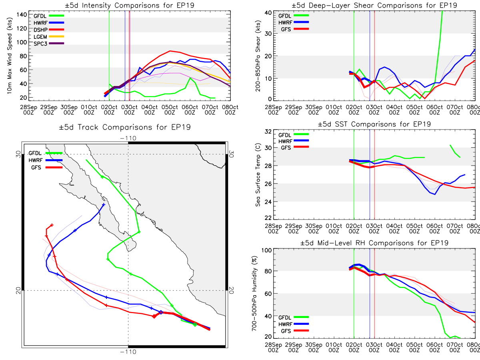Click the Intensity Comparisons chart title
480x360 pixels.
pos(130,5)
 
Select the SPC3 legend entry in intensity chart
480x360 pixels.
pos(49,44)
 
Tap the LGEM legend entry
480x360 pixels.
pos(49,36)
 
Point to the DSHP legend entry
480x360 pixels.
pos(49,30)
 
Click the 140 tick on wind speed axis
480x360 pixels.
pos(22,15)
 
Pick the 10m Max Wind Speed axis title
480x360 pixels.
pos(9,56)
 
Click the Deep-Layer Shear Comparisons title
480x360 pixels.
pos(374,5)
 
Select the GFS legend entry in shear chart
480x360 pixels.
pos(295,29)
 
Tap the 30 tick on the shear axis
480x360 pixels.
pos(268,34)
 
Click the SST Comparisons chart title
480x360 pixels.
pos(374,124)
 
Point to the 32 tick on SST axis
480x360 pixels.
pos(268,132)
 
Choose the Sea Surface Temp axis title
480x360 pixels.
pos(258,175)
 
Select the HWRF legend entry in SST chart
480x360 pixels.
pos(294,141)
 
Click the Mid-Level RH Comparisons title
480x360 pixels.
pos(374,243)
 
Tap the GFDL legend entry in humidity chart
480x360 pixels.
pos(294,317)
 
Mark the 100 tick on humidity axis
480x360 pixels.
pos(267,250)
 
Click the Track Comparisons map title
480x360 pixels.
pos(125,127)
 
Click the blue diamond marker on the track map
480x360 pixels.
pos(161,312)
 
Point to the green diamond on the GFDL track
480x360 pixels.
pos(195,324)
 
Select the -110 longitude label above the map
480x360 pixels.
pos(128,138)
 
